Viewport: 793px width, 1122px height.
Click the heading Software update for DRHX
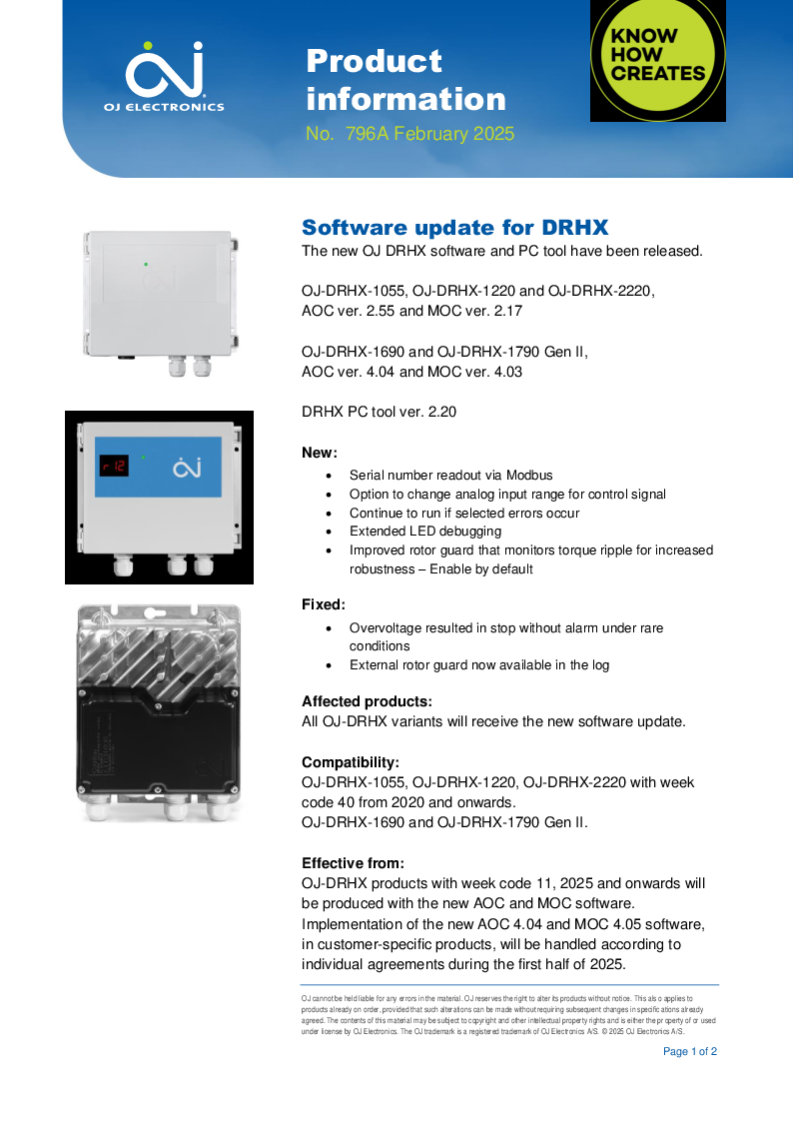[x=454, y=227]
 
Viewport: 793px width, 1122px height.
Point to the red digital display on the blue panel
[x=113, y=466]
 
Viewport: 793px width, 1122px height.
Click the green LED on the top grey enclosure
[x=146, y=264]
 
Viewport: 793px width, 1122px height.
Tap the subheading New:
[x=320, y=453]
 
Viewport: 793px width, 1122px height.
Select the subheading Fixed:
[x=324, y=604]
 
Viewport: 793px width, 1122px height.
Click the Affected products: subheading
[x=367, y=701]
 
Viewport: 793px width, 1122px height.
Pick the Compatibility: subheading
[x=351, y=762]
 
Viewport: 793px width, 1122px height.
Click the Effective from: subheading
[x=353, y=863]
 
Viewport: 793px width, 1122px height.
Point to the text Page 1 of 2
[x=690, y=1051]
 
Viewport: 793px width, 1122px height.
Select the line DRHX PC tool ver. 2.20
[x=379, y=411]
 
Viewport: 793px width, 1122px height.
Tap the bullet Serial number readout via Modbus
[x=450, y=476]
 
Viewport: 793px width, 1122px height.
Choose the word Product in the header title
[x=374, y=62]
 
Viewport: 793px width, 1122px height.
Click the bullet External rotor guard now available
[x=478, y=664]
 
